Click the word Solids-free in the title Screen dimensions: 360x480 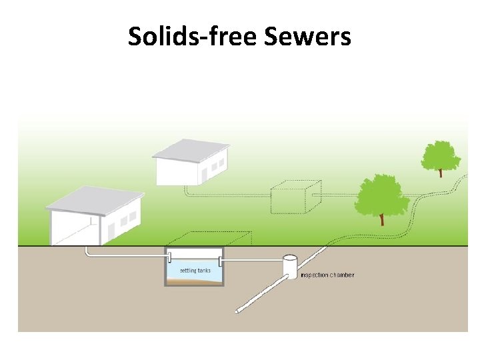click(193, 36)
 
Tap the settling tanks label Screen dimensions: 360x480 click(195, 271)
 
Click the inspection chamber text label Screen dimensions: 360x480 click(327, 275)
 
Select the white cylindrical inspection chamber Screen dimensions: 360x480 click(290, 265)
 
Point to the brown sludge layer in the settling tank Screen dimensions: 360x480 click(193, 281)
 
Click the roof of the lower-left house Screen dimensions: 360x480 click(93, 199)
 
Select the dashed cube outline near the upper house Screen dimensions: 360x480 click(295, 197)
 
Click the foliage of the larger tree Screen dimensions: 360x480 click(381, 194)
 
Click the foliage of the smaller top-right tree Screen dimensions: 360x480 click(441, 155)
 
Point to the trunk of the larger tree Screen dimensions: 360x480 click(382, 219)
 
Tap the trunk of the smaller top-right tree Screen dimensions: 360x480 click(441, 173)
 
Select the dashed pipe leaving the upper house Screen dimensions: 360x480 click(227, 195)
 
